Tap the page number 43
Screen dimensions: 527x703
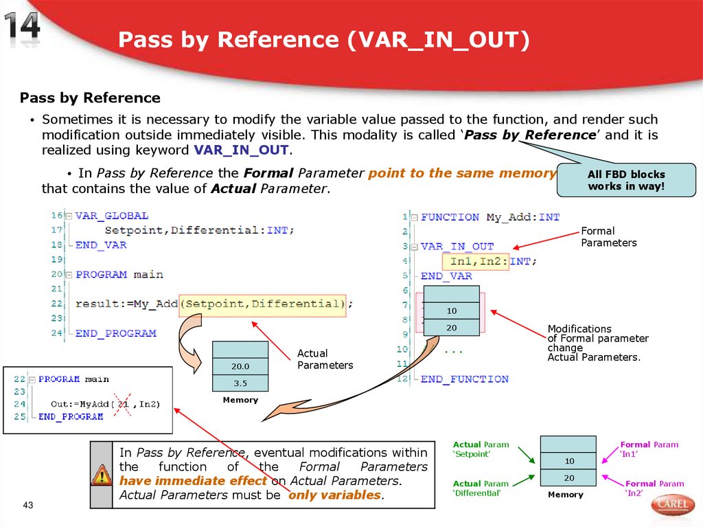pos(28,506)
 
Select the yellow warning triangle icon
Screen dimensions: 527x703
pos(101,474)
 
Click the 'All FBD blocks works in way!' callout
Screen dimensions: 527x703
pos(626,180)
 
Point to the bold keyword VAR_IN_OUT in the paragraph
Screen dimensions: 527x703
pos(242,150)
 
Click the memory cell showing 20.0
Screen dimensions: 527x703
pos(240,366)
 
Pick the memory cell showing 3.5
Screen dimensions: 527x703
pos(240,383)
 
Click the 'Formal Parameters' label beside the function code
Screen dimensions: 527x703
pos(608,237)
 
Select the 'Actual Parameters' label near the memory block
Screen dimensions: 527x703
pos(325,359)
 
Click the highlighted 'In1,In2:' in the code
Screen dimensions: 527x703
pos(479,261)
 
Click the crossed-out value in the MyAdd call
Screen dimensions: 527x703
pos(124,404)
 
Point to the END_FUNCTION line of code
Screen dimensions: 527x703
pos(464,379)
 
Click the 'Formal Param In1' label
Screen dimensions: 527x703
pos(648,449)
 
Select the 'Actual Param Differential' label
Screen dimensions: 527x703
pos(481,489)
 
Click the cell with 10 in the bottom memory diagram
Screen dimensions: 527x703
pos(568,460)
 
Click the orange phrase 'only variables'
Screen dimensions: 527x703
pos(335,495)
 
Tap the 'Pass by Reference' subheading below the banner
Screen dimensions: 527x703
pos(90,98)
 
